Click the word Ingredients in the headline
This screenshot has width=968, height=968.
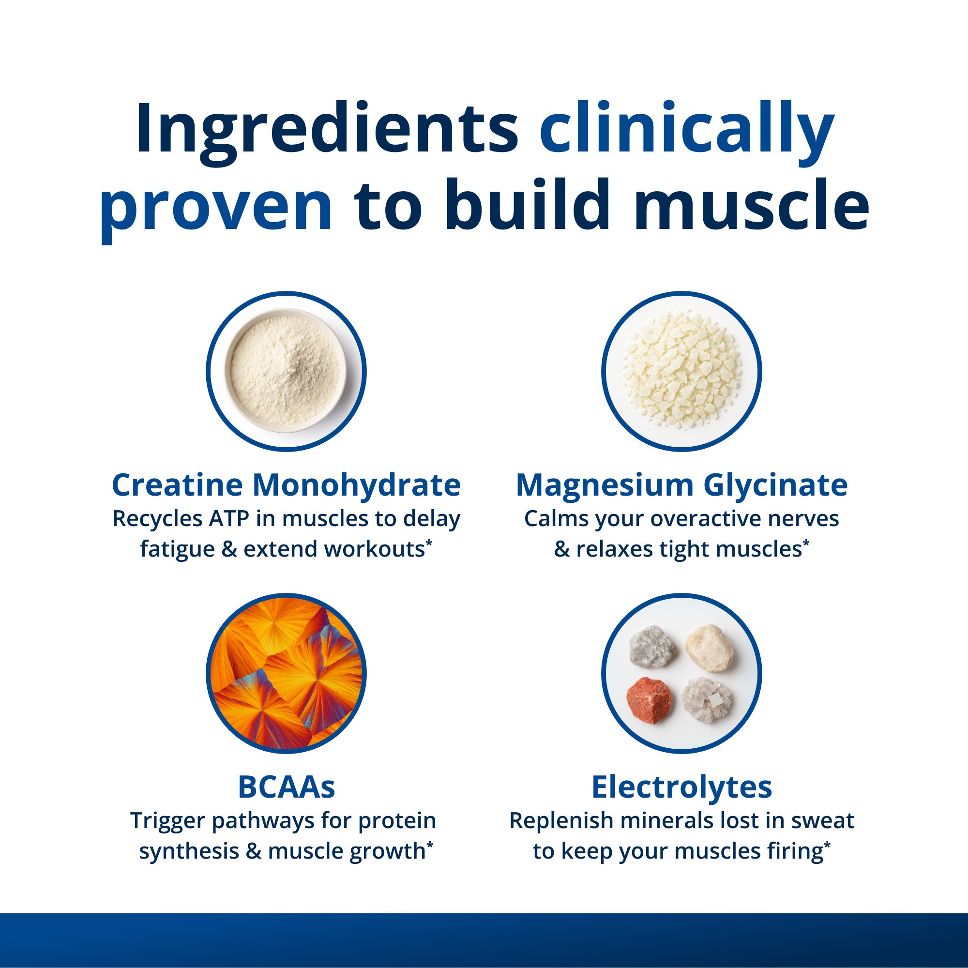click(x=326, y=129)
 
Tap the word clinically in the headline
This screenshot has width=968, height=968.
click(x=687, y=129)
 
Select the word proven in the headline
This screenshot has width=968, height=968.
click(x=216, y=207)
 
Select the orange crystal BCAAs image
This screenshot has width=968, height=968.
click(x=286, y=673)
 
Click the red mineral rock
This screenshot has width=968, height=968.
click(x=650, y=700)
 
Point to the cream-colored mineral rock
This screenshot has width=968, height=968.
click(x=709, y=647)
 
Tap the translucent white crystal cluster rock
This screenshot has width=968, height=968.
click(x=707, y=700)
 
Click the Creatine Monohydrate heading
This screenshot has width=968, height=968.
click(x=286, y=485)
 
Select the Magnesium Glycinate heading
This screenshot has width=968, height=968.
click(x=681, y=485)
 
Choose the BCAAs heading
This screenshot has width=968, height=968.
click(x=286, y=787)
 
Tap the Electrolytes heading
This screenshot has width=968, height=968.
click(x=681, y=787)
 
